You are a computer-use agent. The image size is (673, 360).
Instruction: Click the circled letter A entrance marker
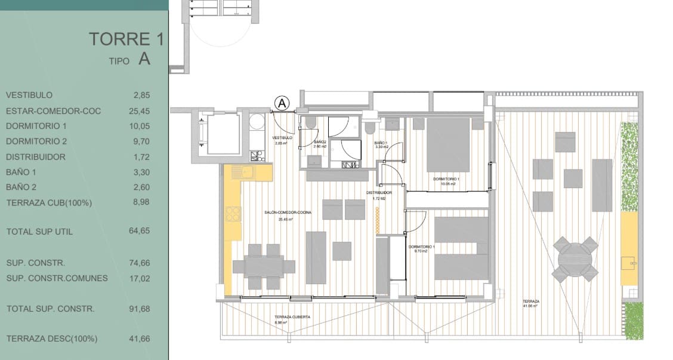282,103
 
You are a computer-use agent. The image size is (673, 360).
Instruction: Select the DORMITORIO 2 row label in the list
36,141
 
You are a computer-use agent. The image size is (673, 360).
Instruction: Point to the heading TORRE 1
126,39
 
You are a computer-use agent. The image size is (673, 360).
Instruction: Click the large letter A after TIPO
144,59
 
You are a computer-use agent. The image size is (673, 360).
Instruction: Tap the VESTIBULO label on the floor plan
283,137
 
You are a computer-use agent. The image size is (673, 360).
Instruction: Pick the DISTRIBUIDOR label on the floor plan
378,193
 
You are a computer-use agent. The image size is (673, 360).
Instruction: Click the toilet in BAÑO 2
311,123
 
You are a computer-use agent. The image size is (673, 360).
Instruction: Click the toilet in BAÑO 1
371,128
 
